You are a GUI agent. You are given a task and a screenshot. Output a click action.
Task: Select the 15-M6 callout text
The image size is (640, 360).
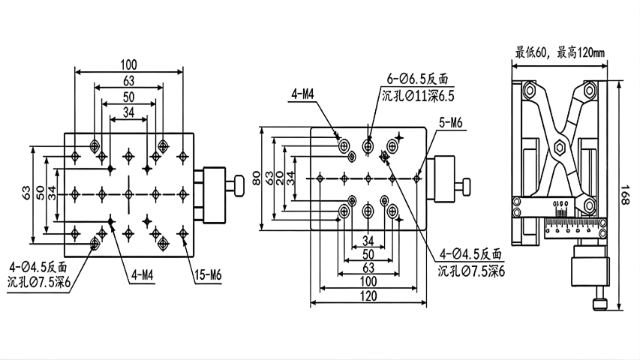(209, 274)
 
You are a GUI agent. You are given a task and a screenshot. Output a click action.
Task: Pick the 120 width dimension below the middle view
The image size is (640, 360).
(368, 295)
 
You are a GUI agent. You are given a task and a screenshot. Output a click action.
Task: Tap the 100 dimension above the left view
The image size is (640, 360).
(128, 64)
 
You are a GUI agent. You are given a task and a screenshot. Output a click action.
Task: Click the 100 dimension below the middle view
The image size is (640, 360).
(368, 280)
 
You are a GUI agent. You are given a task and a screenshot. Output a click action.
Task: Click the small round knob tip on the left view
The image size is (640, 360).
(239, 184)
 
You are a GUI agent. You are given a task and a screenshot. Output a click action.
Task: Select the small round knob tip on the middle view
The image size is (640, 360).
(466, 184)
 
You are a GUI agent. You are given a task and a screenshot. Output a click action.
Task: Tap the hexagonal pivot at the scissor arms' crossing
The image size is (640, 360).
(560, 147)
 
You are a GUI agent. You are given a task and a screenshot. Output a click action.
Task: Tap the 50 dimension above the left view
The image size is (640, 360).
(128, 97)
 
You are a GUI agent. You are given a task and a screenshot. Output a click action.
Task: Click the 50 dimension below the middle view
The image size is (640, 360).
(368, 254)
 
